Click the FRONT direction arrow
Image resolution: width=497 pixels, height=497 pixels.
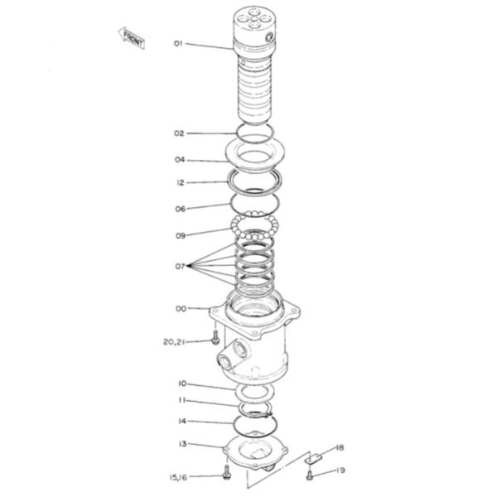pos(133,36)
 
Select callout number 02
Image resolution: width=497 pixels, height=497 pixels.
pos(179,133)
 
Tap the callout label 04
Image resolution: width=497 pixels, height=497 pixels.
pos(179,160)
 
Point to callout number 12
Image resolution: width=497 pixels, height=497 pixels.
pos(180,182)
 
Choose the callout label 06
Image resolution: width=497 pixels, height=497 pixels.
pos(180,209)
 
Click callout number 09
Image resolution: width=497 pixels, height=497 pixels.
pos(180,235)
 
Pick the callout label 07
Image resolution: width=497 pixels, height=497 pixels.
pos(179,266)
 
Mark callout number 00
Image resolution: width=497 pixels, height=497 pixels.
pos(180,309)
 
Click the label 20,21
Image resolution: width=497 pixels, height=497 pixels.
pos(173,340)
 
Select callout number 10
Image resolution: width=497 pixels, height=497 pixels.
pos(181,383)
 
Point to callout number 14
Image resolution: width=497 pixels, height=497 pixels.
pos(181,421)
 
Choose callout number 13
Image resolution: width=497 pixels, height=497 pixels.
pos(181,444)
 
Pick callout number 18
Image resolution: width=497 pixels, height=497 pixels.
pos(338,448)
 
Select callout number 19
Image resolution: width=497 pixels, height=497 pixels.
pos(339,470)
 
